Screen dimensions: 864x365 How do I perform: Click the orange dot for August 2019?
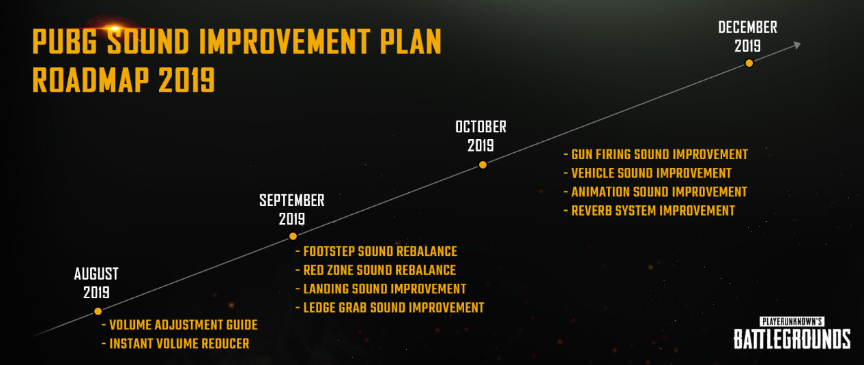pos(98,311)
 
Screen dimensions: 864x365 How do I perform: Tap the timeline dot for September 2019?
pos(293,236)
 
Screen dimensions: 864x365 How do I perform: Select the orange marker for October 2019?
pos(483,164)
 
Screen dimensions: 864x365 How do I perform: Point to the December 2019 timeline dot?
pos(749,63)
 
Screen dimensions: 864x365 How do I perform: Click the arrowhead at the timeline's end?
pos(797,45)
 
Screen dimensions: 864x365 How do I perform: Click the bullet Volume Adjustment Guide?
pos(179,325)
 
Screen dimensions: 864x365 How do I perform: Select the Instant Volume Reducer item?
pos(175,344)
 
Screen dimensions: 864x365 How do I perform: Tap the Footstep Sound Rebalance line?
pos(377,251)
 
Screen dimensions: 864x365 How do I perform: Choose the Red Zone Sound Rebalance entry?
pos(375,270)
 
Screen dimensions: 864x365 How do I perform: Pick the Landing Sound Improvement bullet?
pos(381,289)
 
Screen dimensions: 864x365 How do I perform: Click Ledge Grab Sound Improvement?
pos(390,308)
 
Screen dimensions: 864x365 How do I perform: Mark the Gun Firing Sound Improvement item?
pos(656,154)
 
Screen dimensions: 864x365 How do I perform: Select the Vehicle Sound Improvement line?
pos(648,173)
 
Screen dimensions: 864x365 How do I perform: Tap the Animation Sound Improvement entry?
pos(655,192)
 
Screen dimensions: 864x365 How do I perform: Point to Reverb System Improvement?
pos(649,211)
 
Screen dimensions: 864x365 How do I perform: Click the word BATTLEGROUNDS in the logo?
pos(792,339)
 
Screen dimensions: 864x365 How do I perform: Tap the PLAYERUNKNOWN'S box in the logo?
pos(792,321)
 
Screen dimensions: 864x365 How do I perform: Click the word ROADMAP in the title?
pos(91,80)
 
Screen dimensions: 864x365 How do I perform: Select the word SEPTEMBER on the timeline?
pos(292,201)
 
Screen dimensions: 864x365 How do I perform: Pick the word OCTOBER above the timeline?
pos(480,127)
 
